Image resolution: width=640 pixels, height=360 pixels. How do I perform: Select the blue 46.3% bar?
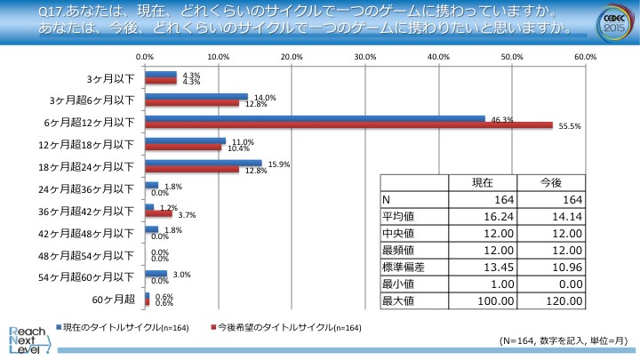tap(315, 118)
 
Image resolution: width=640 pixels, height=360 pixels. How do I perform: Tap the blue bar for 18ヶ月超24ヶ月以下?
tap(203, 163)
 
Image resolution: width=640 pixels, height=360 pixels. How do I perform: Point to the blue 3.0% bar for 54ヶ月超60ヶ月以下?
tap(156, 275)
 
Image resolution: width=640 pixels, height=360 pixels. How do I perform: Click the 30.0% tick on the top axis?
tap(364, 56)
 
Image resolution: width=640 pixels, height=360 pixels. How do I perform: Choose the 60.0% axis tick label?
tap(584, 56)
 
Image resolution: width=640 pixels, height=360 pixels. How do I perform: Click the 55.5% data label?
tap(569, 126)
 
